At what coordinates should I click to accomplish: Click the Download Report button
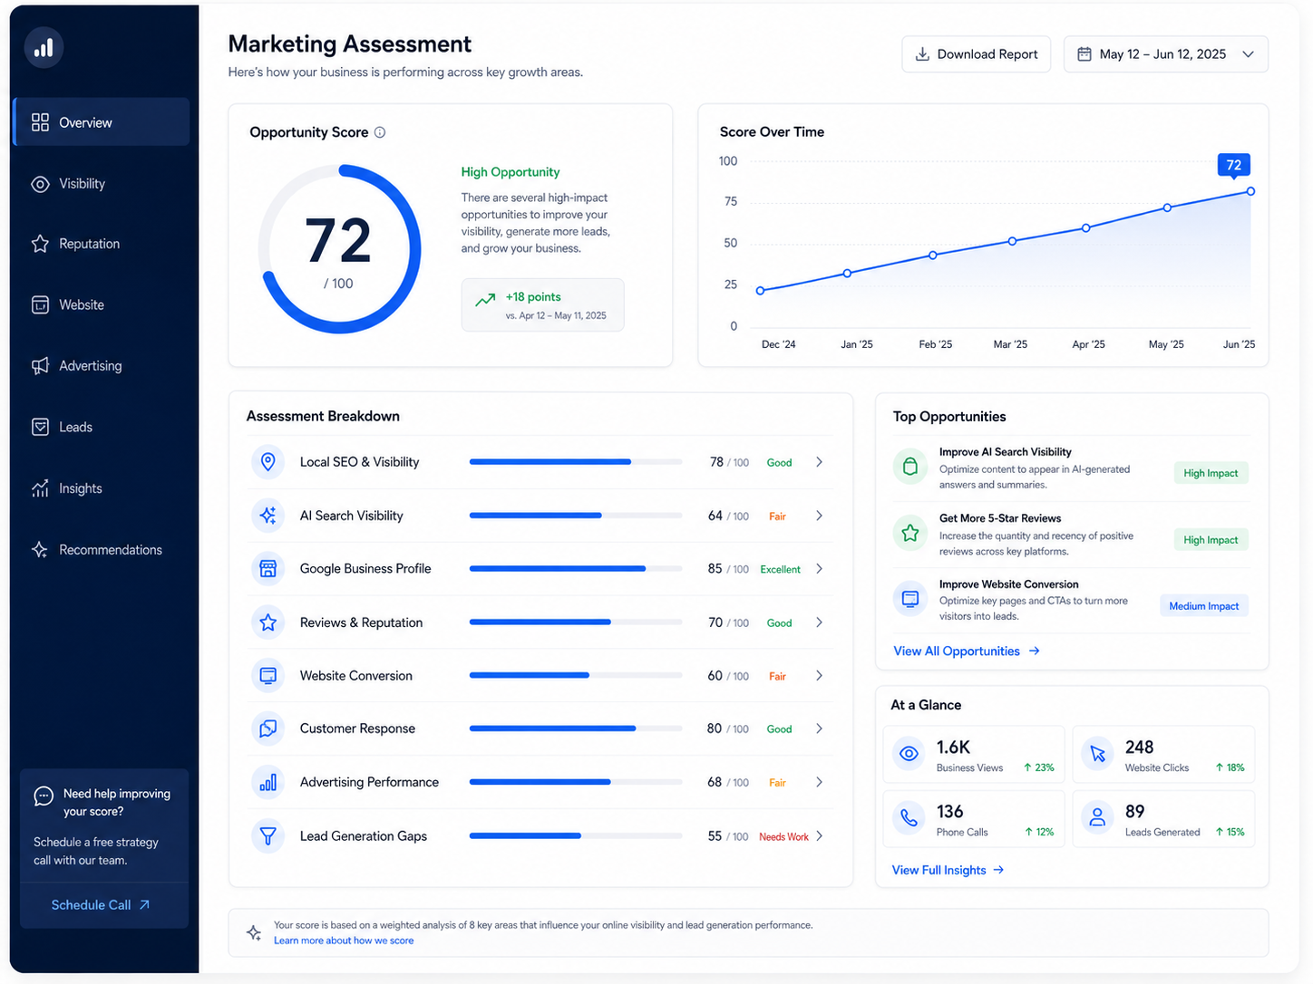[976, 54]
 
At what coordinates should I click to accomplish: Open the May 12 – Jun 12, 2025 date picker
[1165, 54]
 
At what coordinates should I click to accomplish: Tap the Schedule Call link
[101, 904]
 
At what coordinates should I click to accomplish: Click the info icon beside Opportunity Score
[380, 132]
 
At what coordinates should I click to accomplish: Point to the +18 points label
[533, 297]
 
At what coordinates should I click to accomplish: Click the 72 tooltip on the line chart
[1233, 165]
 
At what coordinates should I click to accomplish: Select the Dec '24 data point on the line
[760, 291]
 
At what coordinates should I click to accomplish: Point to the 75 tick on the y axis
[730, 201]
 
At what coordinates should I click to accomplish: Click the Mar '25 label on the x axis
[1010, 344]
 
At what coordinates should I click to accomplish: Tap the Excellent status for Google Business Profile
[780, 569]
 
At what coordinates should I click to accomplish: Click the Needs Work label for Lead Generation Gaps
[783, 836]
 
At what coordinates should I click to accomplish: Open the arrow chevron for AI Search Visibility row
[819, 516]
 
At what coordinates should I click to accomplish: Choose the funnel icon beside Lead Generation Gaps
[268, 835]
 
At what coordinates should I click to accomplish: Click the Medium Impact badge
[1203, 606]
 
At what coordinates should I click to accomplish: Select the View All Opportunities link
[967, 651]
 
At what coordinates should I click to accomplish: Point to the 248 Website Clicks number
[1139, 748]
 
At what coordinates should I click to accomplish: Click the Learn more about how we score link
[344, 941]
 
